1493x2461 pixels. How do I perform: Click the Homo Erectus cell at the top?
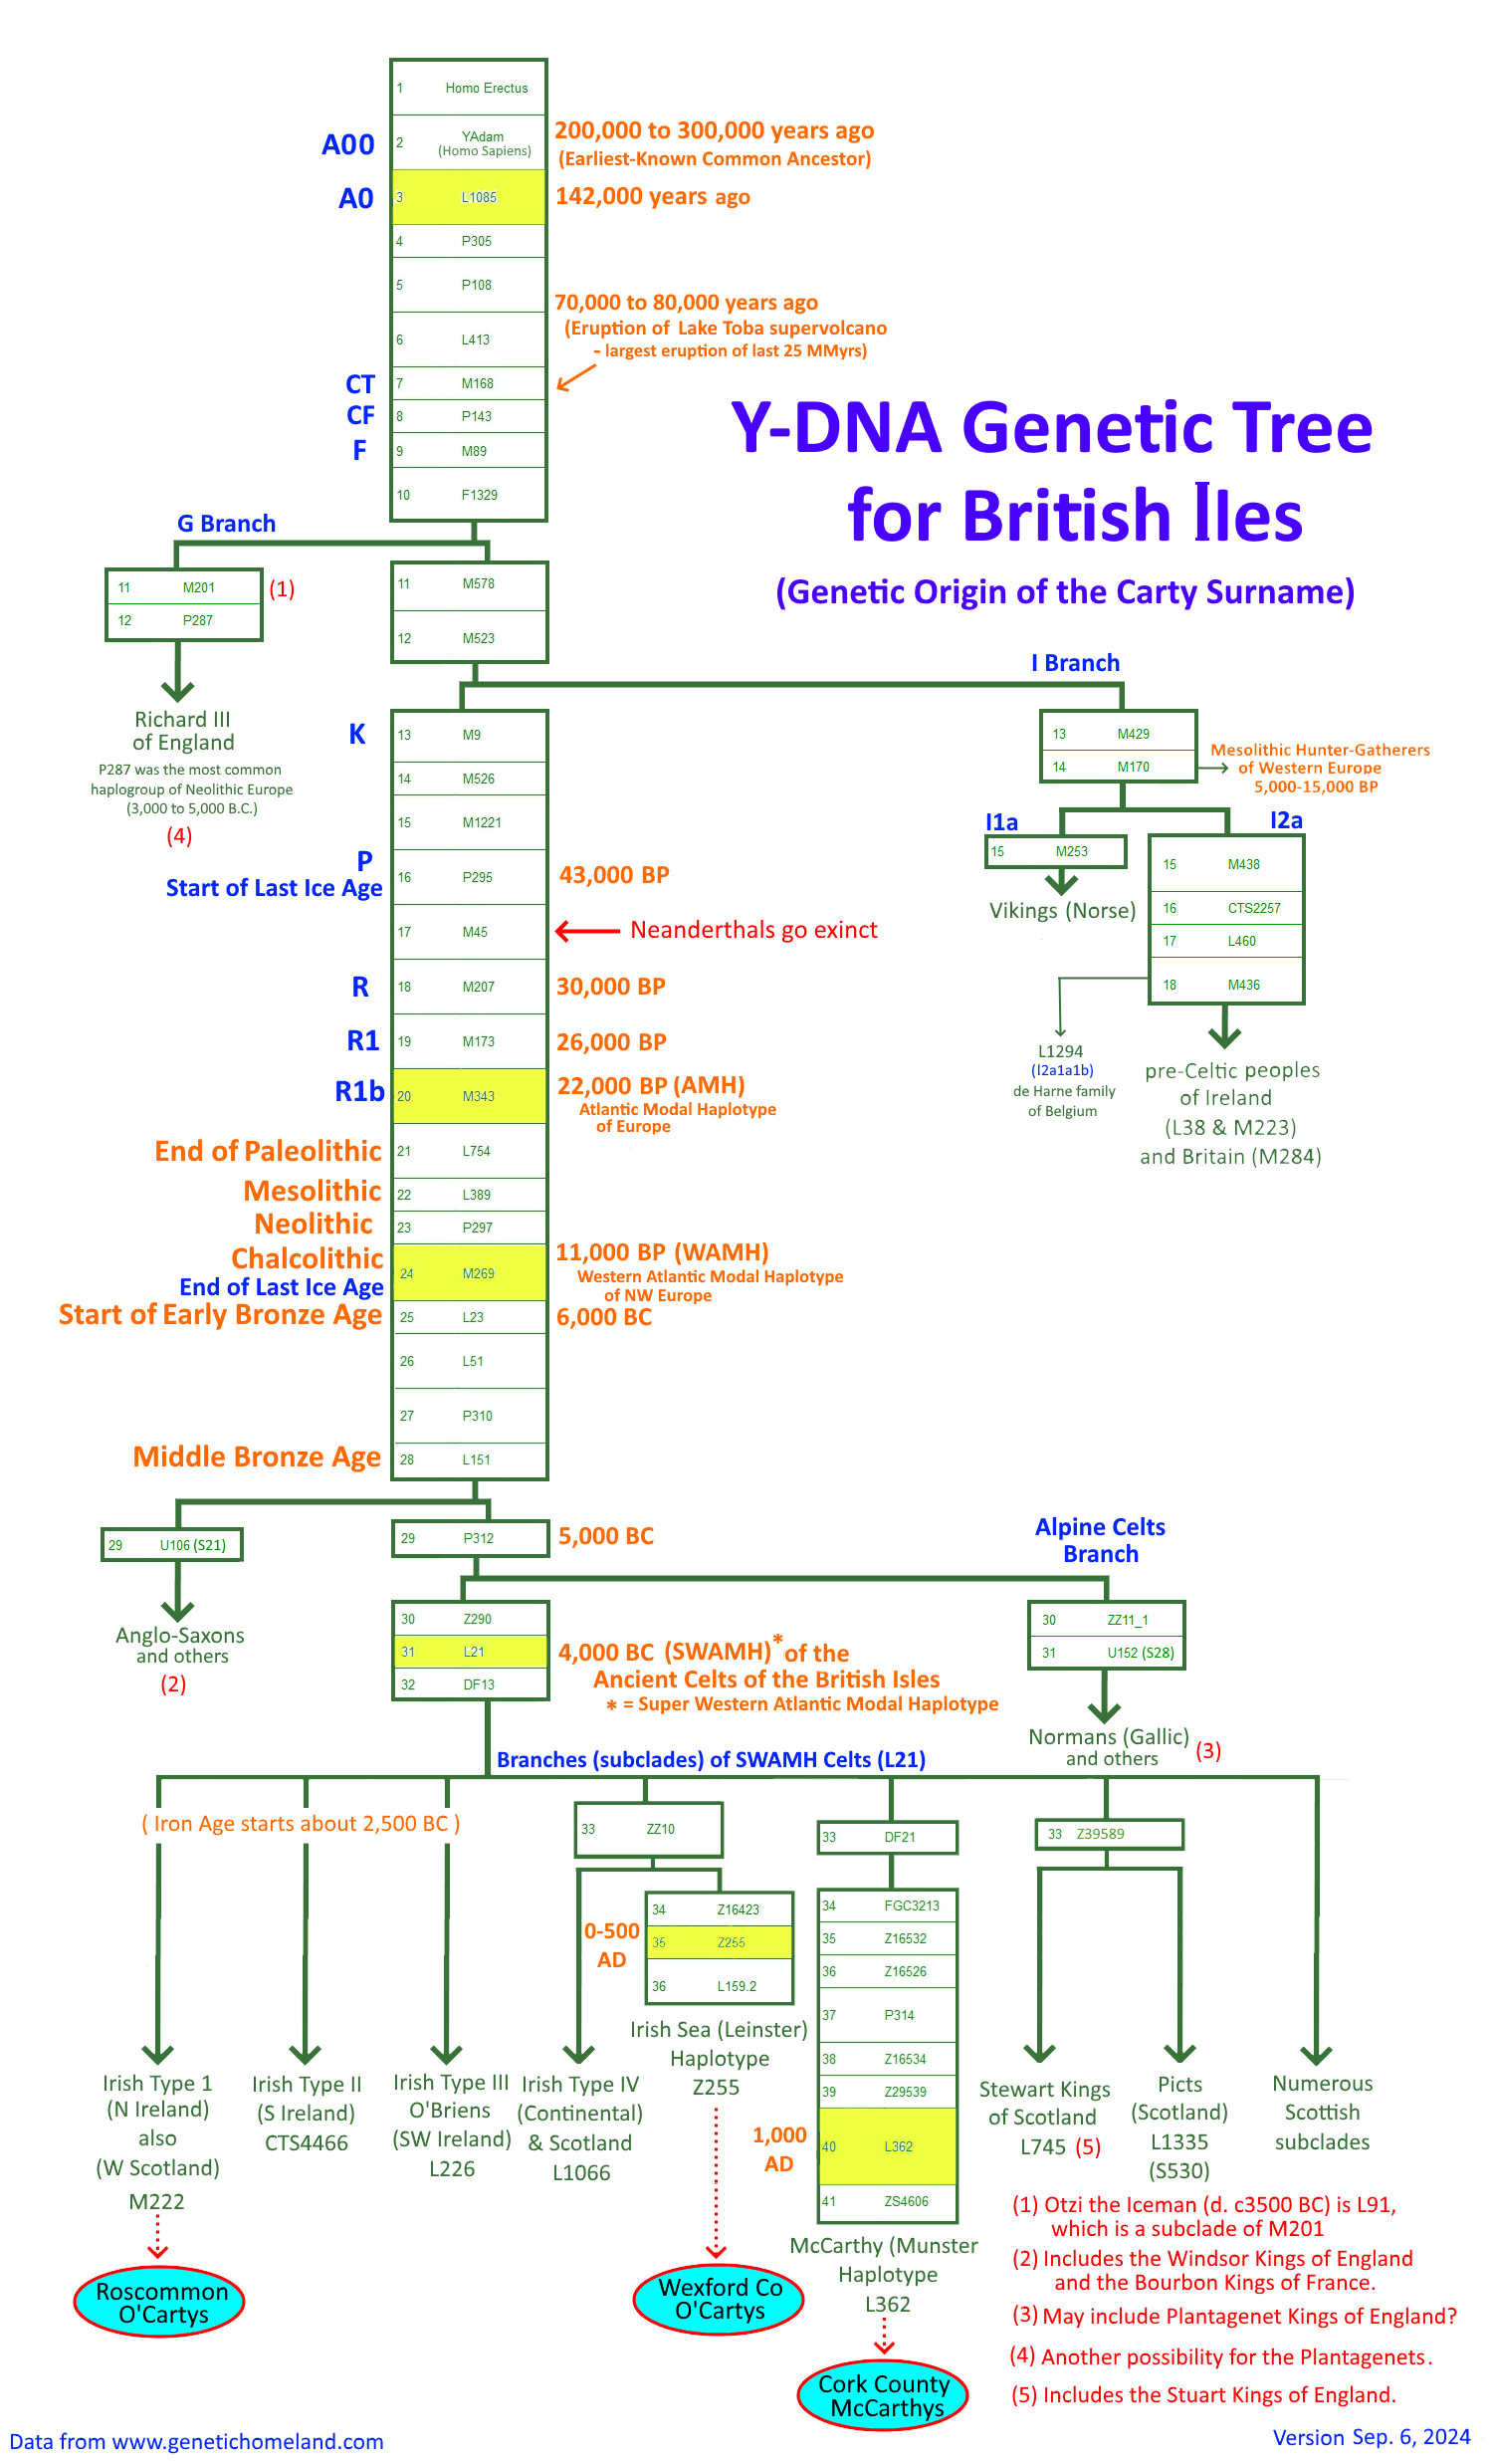[469, 88]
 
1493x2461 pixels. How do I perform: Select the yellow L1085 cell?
[469, 197]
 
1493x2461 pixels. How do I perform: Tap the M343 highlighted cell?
[470, 1096]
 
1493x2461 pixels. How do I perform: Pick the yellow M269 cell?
[470, 1272]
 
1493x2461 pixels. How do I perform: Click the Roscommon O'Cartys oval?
[160, 2302]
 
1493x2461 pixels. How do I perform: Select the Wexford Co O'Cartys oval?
[718, 2298]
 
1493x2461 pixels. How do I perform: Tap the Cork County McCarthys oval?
[883, 2395]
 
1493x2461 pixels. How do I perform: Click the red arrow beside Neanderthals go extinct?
[587, 931]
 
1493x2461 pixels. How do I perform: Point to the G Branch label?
[226, 524]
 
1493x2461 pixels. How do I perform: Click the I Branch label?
[1075, 663]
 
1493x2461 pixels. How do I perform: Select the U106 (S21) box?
[172, 1544]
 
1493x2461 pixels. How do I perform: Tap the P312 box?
[470, 1538]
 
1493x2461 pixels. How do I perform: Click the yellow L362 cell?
[887, 2145]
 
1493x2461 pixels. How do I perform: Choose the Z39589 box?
[1109, 1834]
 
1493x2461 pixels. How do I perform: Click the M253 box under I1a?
[1055, 851]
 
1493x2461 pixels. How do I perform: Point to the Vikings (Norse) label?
[1062, 910]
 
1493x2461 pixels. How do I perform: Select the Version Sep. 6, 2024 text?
[1371, 2437]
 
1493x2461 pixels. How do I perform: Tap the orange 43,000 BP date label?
[613, 875]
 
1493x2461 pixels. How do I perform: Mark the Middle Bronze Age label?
[257, 1456]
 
